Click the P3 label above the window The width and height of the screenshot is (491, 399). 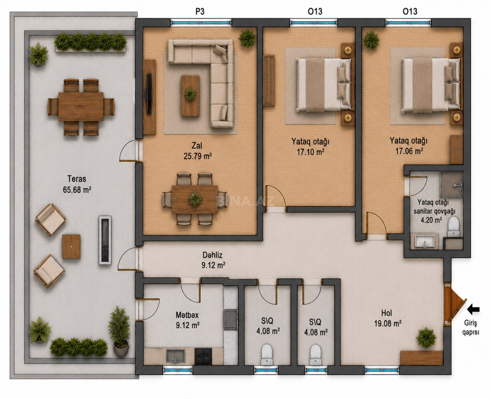200,11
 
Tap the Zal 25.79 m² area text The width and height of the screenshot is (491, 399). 198,151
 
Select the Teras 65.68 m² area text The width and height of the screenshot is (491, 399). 77,184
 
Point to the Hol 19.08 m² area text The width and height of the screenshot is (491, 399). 387,318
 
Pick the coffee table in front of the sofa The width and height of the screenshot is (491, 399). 190,96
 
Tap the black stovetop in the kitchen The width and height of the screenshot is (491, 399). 203,356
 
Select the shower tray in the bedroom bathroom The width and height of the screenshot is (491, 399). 451,185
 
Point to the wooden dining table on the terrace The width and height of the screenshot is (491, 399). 81,106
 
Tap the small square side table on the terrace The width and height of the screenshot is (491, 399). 71,247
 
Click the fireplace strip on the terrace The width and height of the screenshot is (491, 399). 105,240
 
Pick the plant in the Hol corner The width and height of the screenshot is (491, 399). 426,337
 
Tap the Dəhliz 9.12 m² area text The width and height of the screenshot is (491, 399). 213,260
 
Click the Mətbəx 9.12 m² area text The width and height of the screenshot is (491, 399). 187,320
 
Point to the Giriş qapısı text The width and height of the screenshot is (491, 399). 470,328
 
